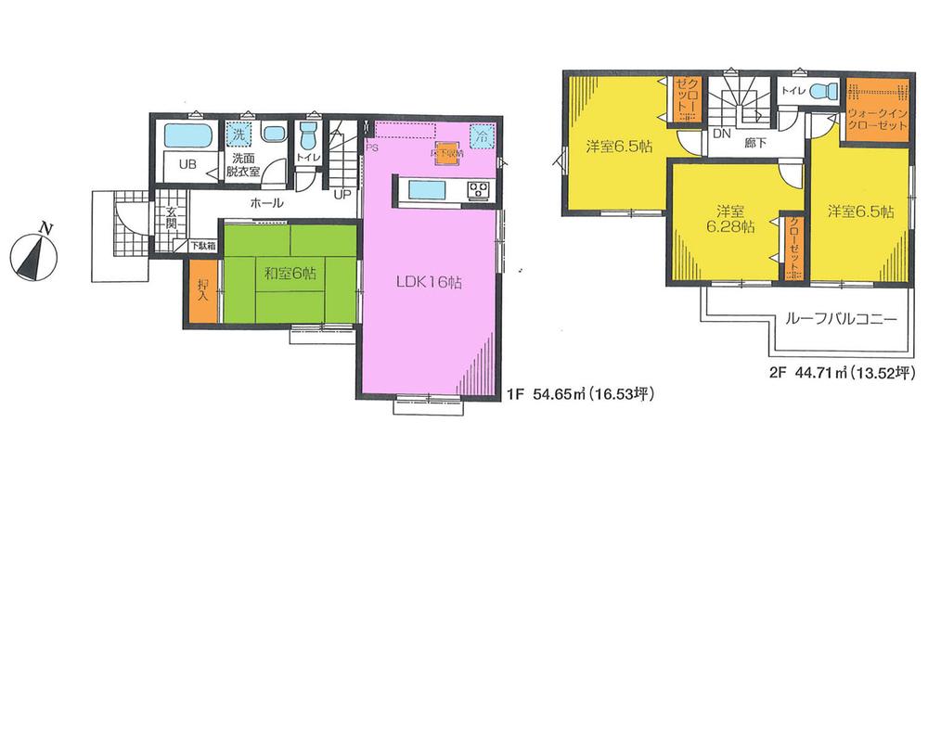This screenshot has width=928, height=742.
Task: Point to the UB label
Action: [x=187, y=165]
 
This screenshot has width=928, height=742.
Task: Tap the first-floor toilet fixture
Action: [x=309, y=140]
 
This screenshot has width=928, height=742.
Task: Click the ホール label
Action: [x=266, y=202]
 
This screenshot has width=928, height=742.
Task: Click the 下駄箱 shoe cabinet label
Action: [x=204, y=247]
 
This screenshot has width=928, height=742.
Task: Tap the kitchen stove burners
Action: [x=480, y=190]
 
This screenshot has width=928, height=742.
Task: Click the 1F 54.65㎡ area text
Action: [x=581, y=394]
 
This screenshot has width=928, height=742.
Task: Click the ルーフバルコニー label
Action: [x=840, y=318]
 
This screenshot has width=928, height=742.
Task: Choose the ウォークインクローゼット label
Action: [x=876, y=119]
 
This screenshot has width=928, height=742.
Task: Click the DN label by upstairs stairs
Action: [x=720, y=133]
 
